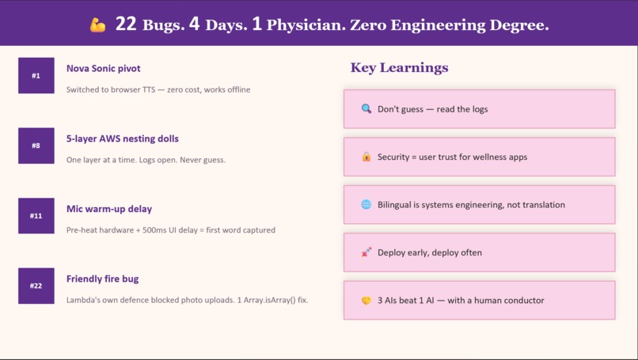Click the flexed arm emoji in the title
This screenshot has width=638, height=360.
coord(97,25)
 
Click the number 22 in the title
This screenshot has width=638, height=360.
coord(126,25)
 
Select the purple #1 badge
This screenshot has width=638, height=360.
coord(36,76)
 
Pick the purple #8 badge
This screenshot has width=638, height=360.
coord(36,146)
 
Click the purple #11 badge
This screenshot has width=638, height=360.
coord(36,216)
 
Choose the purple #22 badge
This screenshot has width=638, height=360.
coord(36,286)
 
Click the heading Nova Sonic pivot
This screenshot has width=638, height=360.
coord(103,69)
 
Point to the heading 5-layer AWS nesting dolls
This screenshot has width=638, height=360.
coord(123,139)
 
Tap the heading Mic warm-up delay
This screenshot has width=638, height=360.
coord(109,209)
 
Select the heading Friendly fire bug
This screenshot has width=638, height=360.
coord(102,279)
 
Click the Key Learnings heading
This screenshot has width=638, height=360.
coord(399,68)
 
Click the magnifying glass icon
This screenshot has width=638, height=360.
coord(366,108)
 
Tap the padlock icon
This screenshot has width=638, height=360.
coord(366,157)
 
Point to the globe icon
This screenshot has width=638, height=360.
coord(366,204)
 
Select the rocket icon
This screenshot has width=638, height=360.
coord(366,252)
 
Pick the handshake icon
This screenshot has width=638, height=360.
coord(366,301)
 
